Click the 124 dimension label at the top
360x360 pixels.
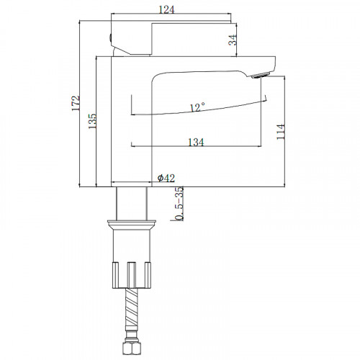pos(166,9)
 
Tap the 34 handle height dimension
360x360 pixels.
pos(233,40)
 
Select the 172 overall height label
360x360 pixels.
pos(76,103)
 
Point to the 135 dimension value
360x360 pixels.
pos(92,121)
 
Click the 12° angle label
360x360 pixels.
pos(197,107)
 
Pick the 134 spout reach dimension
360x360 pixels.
pos(196,143)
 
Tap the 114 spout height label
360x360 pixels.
pos(280,132)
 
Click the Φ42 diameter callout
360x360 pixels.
pos(166,178)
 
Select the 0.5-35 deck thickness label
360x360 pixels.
pos(179,203)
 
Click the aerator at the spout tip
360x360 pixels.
pos(260,75)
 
